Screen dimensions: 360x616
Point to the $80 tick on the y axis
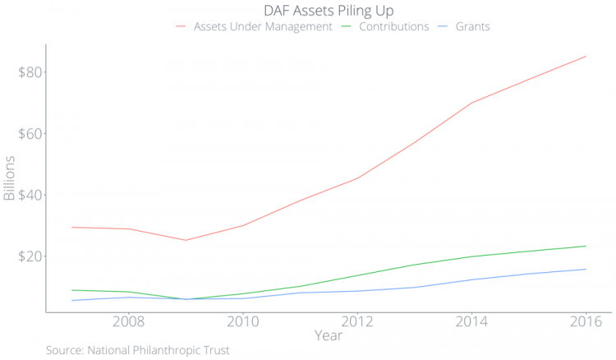point(30,72)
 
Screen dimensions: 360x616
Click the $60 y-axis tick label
point(30,134)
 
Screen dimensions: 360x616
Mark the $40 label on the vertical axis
point(30,195)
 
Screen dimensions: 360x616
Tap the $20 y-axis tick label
point(30,256)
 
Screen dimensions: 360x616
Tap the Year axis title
point(329,335)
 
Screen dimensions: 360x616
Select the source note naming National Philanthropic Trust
point(138,351)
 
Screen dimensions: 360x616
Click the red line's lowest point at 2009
point(185,240)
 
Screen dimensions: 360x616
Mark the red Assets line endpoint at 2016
point(586,56)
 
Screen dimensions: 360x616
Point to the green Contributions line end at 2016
point(586,246)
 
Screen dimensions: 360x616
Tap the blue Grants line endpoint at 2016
point(586,269)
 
